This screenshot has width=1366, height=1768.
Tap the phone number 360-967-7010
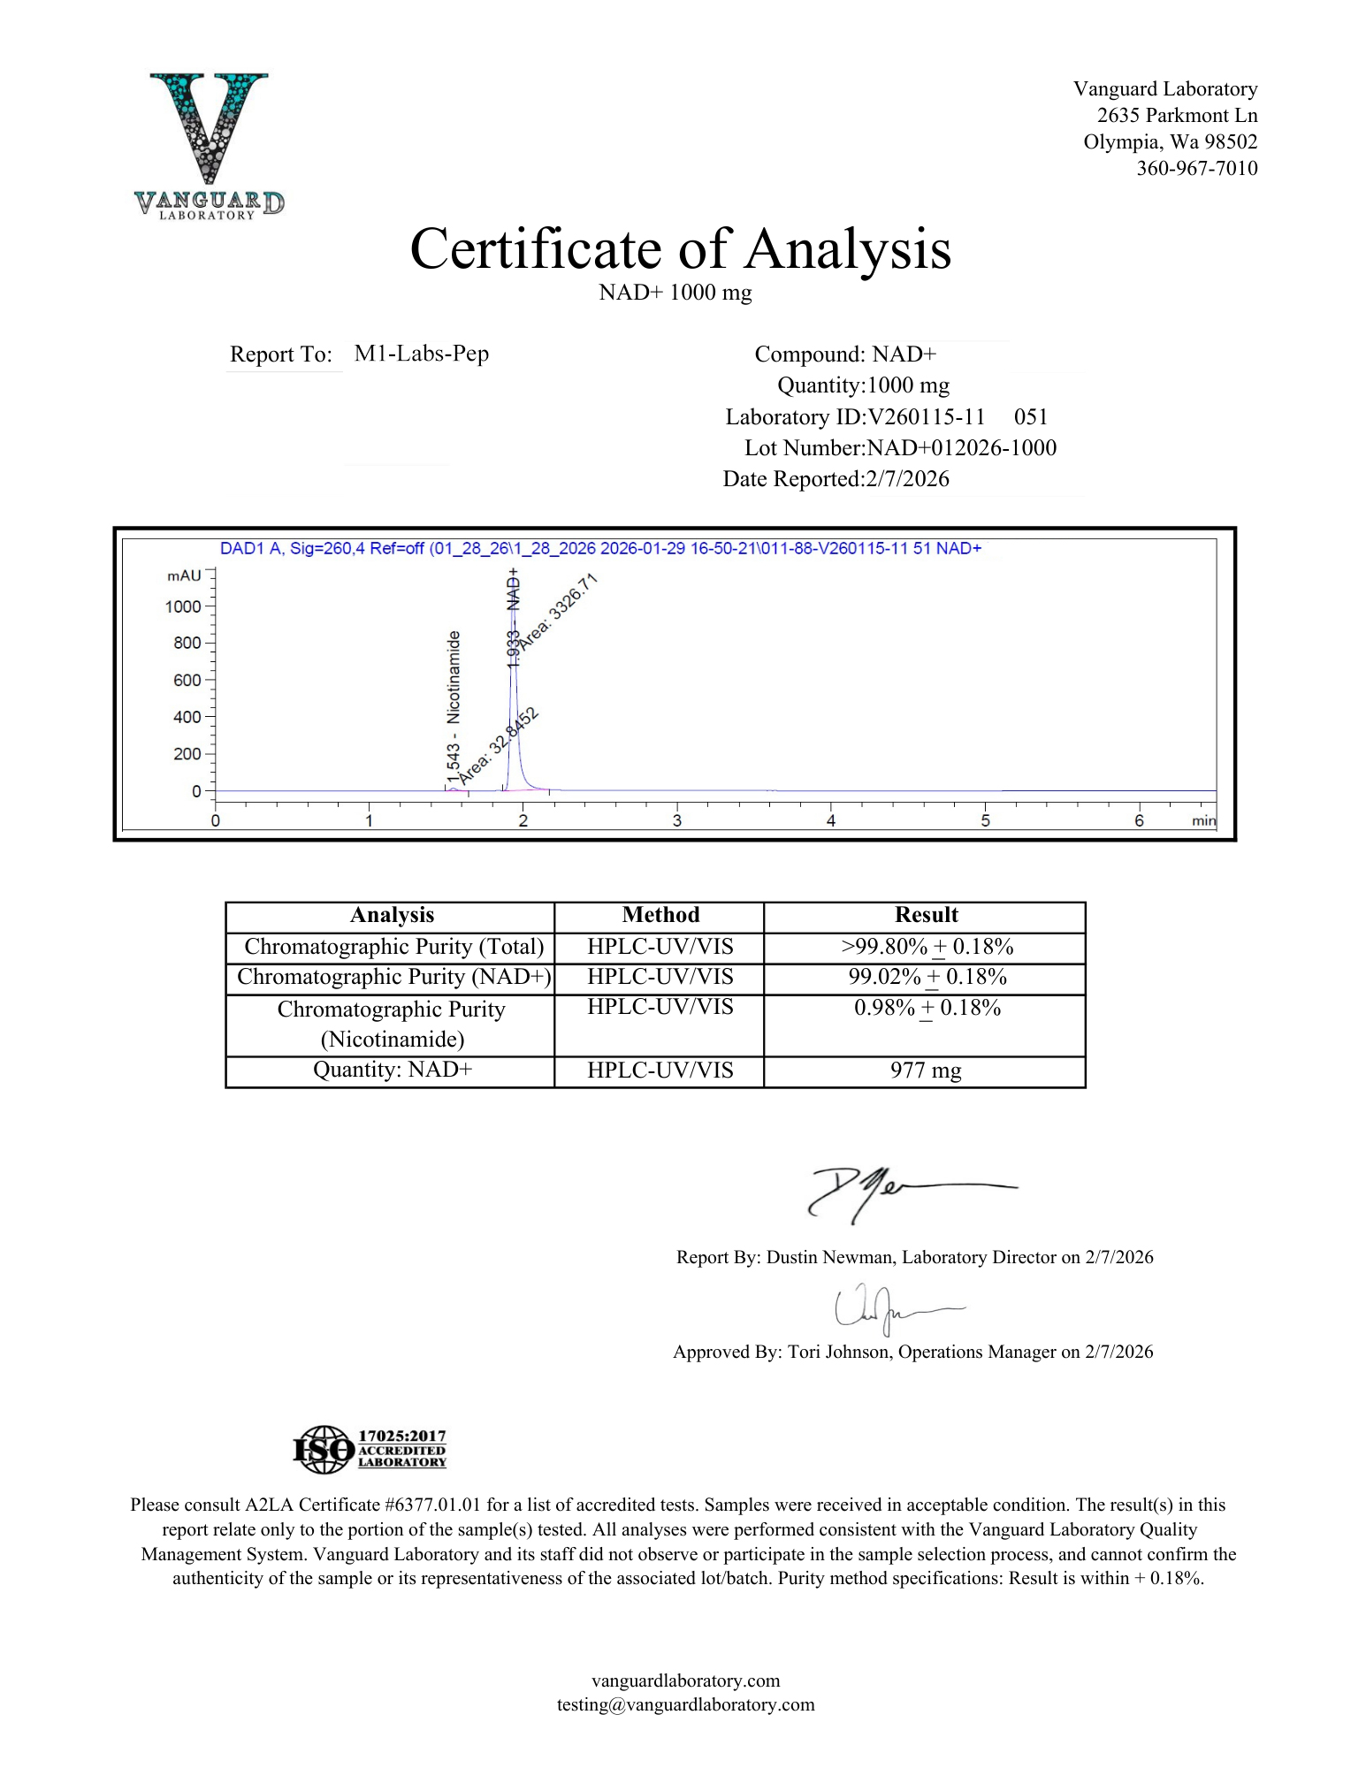point(1196,168)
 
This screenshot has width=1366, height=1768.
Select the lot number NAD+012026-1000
point(961,448)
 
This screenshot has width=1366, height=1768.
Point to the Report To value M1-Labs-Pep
point(421,354)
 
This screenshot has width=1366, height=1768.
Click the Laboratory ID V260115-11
point(927,417)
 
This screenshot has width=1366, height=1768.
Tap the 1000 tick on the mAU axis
point(183,606)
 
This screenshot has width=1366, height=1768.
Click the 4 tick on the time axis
point(831,820)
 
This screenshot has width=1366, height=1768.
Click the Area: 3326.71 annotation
point(558,611)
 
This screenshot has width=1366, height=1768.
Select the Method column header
point(660,915)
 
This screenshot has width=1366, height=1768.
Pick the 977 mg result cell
point(925,1071)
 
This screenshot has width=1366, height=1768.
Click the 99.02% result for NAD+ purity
point(884,977)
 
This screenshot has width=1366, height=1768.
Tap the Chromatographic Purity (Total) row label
point(393,947)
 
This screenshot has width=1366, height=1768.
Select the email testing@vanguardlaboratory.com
point(685,1704)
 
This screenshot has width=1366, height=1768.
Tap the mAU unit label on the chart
point(184,575)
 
